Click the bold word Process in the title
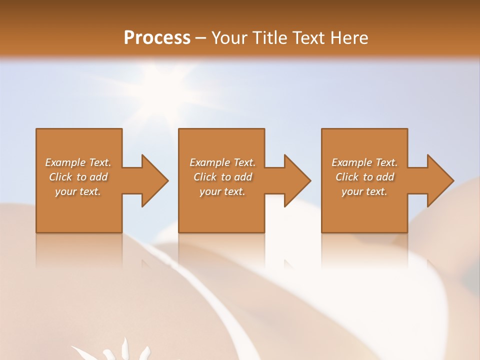tap(157, 38)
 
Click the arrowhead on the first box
tap(153, 180)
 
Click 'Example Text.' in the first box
tap(78, 162)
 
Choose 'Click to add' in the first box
tap(78, 177)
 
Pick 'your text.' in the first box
tap(78, 191)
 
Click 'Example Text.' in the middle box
tap(222, 162)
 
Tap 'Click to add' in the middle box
tap(222, 177)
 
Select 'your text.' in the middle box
tap(222, 191)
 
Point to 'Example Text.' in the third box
tap(364, 162)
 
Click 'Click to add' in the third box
tap(364, 177)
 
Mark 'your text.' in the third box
tap(364, 191)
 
